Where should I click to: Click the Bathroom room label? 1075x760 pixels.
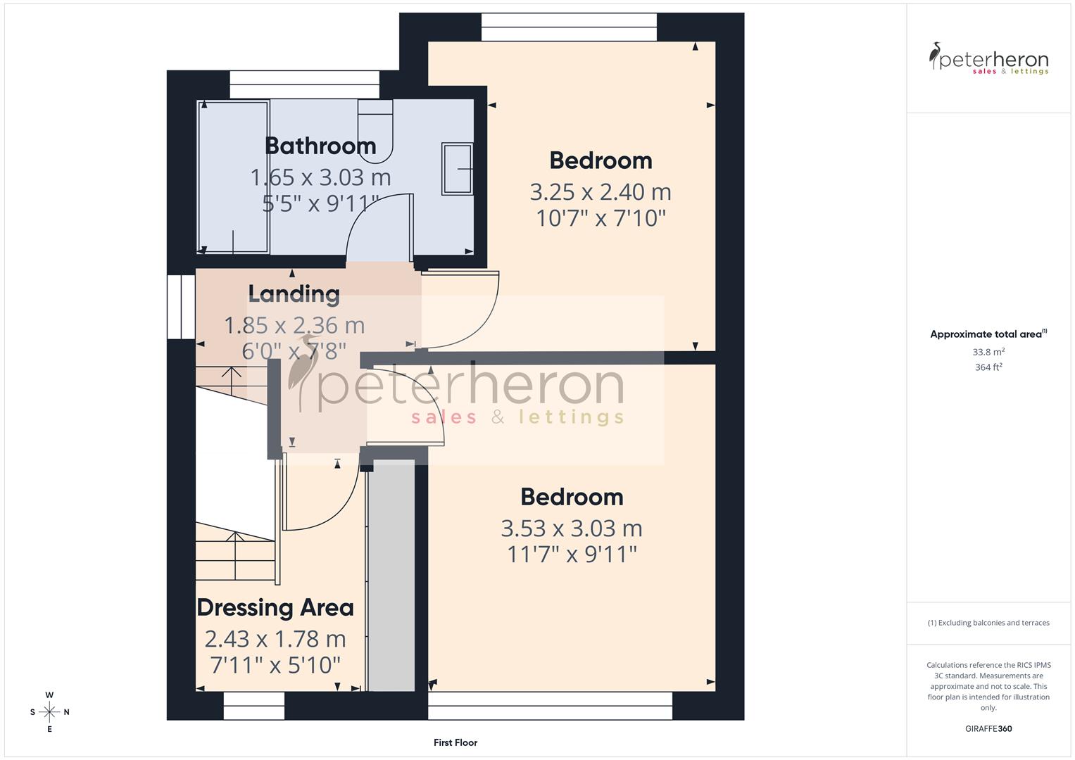(320, 146)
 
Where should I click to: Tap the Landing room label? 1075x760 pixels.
(294, 293)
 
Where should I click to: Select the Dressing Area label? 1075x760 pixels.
(275, 607)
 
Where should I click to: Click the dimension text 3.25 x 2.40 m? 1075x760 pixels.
(600, 191)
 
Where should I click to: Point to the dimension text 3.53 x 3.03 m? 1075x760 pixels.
(571, 528)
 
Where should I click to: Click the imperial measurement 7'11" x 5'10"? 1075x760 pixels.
(275, 664)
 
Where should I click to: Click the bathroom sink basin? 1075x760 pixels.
(457, 169)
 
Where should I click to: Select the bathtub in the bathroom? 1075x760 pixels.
(233, 177)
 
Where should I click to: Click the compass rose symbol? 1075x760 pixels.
(49, 712)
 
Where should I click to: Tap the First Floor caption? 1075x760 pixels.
(455, 742)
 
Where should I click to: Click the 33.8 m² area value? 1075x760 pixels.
(988, 352)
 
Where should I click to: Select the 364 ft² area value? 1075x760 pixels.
(988, 367)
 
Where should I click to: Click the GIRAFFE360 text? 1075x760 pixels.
(988, 728)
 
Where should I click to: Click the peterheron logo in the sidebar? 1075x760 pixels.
(988, 59)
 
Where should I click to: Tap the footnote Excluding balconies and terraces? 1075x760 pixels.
(988, 623)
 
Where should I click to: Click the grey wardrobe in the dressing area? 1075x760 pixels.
(391, 574)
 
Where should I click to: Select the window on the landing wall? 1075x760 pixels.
(181, 307)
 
